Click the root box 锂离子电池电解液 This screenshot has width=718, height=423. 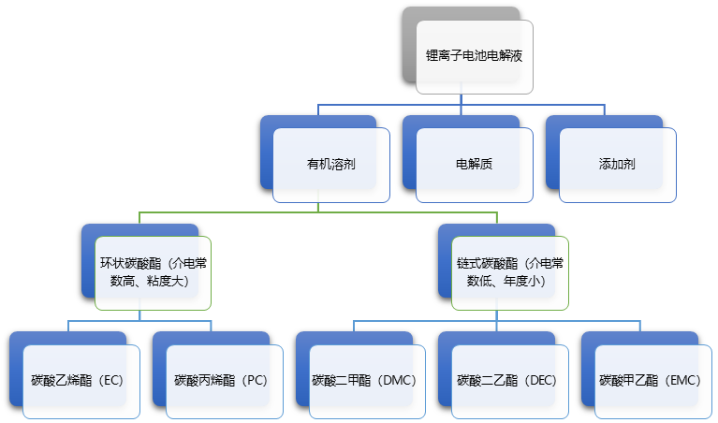click(475, 56)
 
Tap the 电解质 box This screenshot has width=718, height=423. click(474, 164)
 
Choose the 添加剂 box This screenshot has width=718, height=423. click(617, 164)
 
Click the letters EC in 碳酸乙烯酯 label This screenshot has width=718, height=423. click(111, 381)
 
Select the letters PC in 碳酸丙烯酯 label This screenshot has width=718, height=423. click(255, 381)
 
